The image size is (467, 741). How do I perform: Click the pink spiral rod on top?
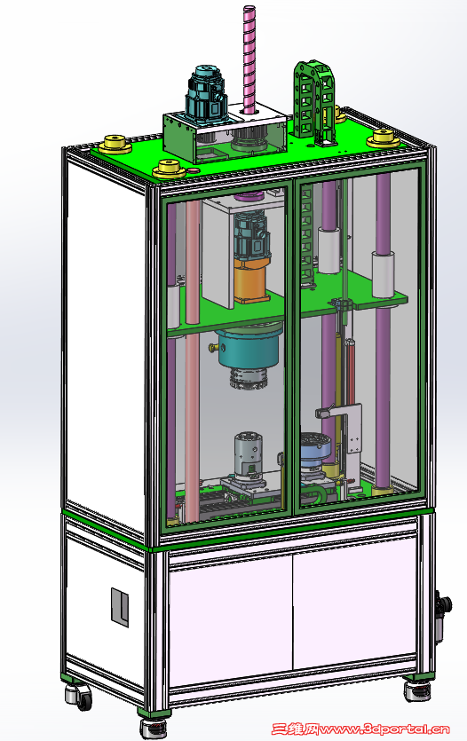pyautogui.click(x=249, y=59)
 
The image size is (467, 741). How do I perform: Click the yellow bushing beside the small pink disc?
pyautogui.click(x=169, y=168)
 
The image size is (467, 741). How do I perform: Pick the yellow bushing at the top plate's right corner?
pyautogui.click(x=384, y=138)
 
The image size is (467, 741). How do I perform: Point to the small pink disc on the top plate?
pyautogui.click(x=193, y=170)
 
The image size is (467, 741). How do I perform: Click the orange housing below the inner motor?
pyautogui.click(x=250, y=283)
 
